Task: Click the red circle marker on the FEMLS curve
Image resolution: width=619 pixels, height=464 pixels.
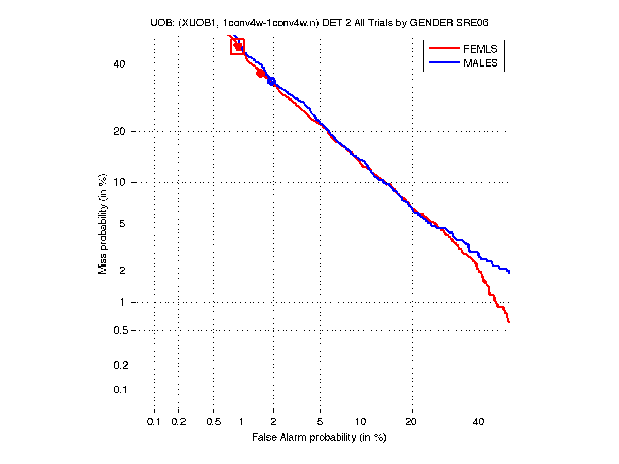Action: (x=260, y=73)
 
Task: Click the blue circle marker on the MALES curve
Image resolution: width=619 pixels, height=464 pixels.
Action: (x=271, y=81)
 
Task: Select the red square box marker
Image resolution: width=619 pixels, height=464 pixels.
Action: (x=238, y=46)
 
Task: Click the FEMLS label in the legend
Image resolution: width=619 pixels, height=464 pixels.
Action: (x=480, y=49)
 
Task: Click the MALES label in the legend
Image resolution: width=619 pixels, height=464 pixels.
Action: (x=480, y=63)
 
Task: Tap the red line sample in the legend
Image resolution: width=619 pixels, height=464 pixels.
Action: (x=444, y=49)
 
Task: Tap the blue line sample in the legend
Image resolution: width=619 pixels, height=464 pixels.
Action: (x=444, y=63)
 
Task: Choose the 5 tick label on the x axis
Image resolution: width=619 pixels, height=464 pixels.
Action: (x=320, y=422)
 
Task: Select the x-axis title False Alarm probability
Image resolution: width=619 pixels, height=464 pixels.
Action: (x=319, y=438)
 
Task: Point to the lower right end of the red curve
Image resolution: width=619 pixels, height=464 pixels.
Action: (x=508, y=321)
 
